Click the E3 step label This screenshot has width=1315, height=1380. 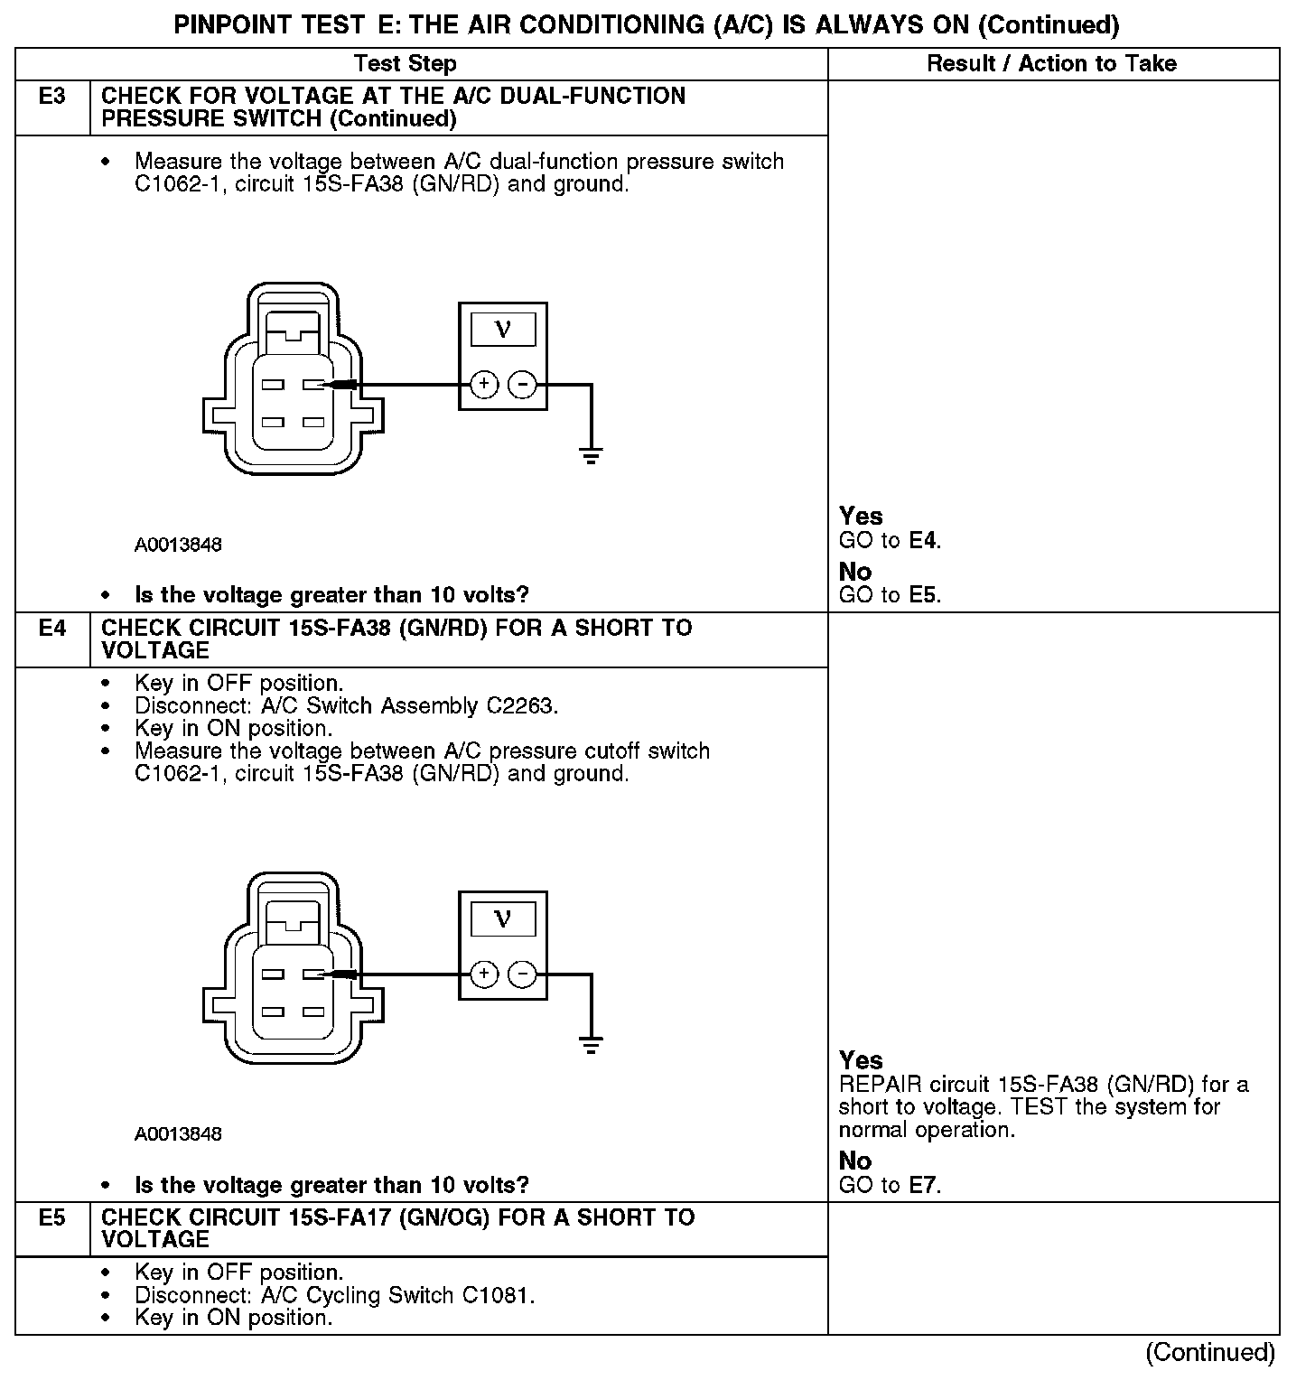(x=52, y=97)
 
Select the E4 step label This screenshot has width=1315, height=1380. (x=52, y=629)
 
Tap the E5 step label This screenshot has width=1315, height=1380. (x=52, y=1218)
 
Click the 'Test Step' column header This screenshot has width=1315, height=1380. (x=405, y=64)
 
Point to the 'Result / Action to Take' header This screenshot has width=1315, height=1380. (x=1051, y=64)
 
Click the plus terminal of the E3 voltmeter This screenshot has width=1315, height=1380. (x=484, y=385)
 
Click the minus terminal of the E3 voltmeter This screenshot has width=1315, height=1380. (x=522, y=385)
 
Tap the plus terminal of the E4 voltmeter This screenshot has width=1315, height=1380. (x=484, y=974)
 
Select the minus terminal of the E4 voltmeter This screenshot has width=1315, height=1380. (x=522, y=974)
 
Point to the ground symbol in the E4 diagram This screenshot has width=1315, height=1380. (x=591, y=1045)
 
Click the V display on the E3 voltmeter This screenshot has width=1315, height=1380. (x=503, y=330)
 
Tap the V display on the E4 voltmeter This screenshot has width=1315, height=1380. (x=503, y=919)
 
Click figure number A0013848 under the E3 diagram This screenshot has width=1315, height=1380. (x=178, y=545)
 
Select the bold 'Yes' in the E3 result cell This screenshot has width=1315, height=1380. (x=860, y=517)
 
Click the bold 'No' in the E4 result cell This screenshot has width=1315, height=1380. (x=854, y=1161)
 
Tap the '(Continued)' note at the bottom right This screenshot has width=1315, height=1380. (x=1209, y=1352)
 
